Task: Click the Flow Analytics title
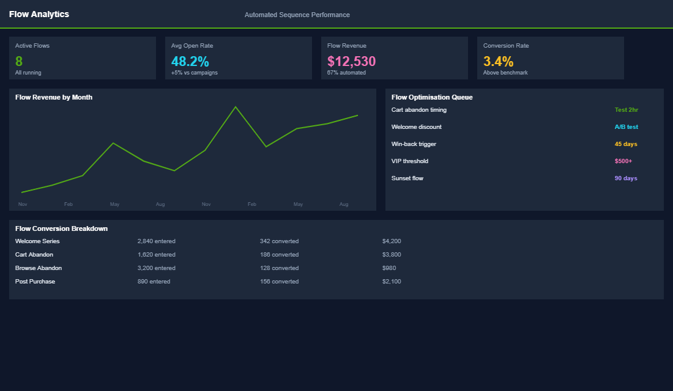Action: click(39, 14)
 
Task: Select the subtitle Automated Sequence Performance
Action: click(297, 15)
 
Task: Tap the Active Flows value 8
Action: click(19, 61)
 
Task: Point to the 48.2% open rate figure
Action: click(190, 61)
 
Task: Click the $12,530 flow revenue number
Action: click(351, 61)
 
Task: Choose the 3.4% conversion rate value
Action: click(498, 61)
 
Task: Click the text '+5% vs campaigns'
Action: click(194, 73)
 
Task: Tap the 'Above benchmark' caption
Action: click(505, 73)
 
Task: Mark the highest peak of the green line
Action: click(236, 107)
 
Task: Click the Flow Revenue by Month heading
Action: click(54, 97)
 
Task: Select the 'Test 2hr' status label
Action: click(626, 110)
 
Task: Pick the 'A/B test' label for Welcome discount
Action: click(626, 127)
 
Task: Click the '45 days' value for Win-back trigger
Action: click(626, 144)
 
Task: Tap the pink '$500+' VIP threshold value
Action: click(623, 161)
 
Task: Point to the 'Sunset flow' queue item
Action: click(407, 178)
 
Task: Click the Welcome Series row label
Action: click(37, 241)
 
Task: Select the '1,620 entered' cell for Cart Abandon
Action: click(156, 255)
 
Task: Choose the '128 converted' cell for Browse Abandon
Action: click(279, 268)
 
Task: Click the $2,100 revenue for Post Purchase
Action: click(392, 282)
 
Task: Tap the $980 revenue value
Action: click(389, 268)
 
